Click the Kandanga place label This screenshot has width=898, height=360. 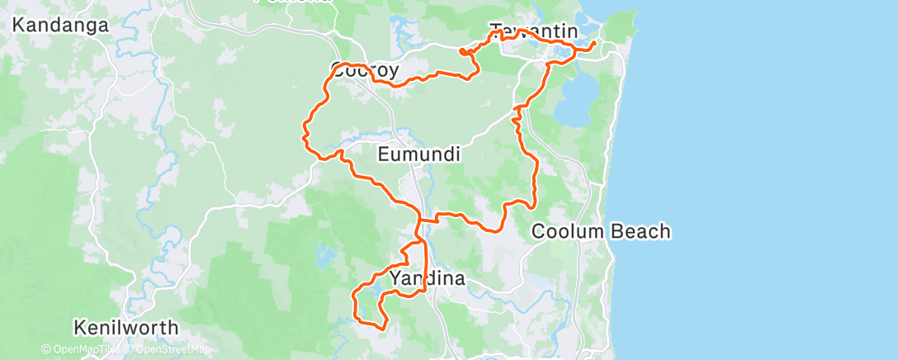[x=61, y=25]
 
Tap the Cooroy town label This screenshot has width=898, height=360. [x=365, y=71]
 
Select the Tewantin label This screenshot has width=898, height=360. [x=533, y=32]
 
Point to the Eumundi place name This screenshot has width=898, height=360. [x=418, y=154]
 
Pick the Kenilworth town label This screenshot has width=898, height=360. [x=125, y=327]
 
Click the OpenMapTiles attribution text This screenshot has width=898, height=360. [x=83, y=350]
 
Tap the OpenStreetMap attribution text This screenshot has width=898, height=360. [x=171, y=350]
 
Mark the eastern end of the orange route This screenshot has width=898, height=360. [x=594, y=42]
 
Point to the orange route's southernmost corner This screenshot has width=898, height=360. [x=384, y=328]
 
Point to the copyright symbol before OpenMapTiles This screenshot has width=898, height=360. [x=46, y=350]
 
